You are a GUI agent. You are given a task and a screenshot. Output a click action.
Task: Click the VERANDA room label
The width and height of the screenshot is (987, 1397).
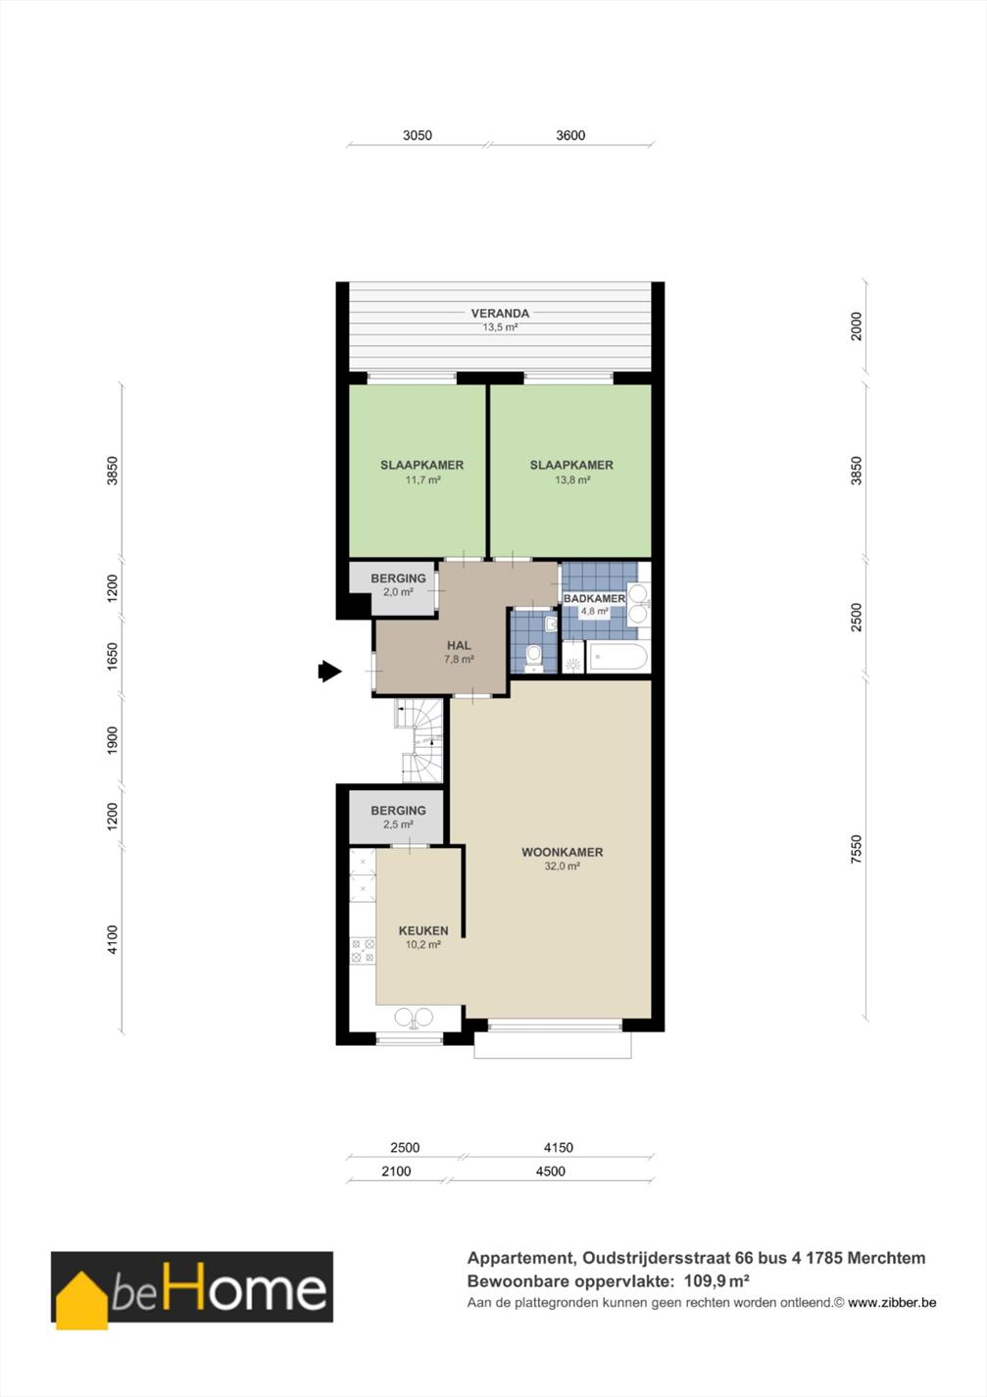tap(500, 313)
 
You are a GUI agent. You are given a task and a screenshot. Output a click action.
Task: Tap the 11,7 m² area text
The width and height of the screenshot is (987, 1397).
tap(423, 480)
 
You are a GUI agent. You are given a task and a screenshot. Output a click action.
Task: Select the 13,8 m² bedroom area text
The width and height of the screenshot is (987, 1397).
tap(572, 480)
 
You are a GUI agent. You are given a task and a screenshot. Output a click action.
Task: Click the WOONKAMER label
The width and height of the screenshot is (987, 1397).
tap(563, 852)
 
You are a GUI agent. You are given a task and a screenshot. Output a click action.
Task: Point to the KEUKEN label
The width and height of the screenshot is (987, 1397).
tap(423, 930)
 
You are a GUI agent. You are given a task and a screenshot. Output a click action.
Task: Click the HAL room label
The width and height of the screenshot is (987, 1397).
tap(459, 645)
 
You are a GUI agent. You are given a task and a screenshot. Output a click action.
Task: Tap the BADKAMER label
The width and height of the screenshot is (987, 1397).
tap(594, 599)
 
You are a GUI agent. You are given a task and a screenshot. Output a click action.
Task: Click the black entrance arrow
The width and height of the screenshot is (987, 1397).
tap(330, 672)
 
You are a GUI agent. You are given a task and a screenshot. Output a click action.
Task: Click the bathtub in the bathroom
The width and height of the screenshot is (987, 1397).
tap(617, 658)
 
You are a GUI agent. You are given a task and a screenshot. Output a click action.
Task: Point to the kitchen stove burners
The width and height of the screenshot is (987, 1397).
tap(363, 951)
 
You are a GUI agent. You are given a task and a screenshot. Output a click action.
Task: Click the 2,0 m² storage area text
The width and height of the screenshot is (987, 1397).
tap(398, 592)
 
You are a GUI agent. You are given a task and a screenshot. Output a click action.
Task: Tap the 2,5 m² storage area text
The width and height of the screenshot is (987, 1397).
tap(398, 824)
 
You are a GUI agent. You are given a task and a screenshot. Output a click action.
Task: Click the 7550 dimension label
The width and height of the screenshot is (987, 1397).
tap(856, 849)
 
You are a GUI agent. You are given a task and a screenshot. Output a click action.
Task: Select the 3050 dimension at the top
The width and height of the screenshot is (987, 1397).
tap(418, 135)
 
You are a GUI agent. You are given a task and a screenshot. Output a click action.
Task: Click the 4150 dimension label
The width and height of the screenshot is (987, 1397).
tap(558, 1148)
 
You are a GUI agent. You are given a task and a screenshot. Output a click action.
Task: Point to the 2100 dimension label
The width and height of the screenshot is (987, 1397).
tap(396, 1172)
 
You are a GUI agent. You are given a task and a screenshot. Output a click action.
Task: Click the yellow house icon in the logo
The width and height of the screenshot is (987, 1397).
tap(81, 1301)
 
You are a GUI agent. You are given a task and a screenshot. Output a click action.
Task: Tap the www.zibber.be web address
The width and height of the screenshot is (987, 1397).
tap(892, 1303)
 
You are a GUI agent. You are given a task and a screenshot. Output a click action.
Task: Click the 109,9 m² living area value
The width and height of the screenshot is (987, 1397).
tap(717, 1281)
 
